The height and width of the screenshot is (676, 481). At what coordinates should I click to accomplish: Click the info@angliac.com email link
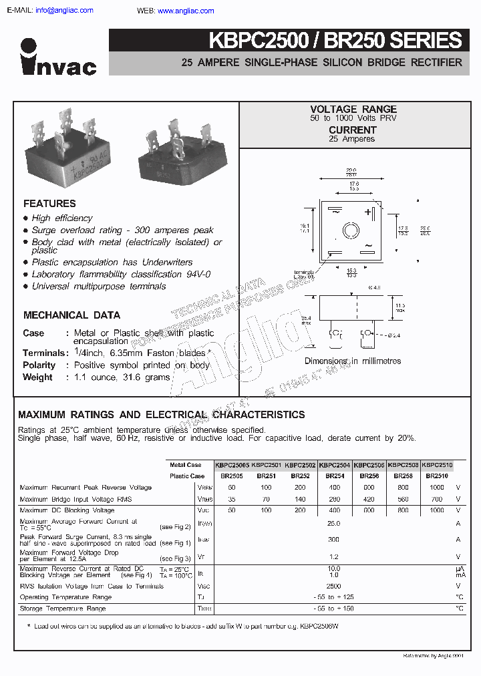64,11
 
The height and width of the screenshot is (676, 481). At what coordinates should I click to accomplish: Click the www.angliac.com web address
186,11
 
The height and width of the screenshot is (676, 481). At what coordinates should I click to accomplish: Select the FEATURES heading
49,204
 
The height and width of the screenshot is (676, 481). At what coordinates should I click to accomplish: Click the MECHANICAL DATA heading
71,315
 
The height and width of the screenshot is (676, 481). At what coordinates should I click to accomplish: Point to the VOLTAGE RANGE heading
353,109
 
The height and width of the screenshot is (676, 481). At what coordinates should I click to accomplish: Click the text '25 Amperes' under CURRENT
352,139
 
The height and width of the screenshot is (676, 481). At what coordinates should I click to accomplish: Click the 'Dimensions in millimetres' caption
353,361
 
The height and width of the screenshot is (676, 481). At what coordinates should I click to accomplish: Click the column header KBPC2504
335,465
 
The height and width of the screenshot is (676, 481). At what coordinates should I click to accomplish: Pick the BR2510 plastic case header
438,476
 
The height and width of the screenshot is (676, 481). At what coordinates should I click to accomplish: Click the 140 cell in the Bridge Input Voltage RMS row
301,499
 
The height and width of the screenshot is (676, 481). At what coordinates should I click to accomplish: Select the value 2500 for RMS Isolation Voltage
333,586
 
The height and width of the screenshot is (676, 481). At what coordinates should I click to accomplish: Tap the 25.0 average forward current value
333,524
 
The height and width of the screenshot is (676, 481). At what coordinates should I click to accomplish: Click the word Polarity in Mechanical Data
39,365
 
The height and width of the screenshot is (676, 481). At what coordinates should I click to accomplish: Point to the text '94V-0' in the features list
196,275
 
